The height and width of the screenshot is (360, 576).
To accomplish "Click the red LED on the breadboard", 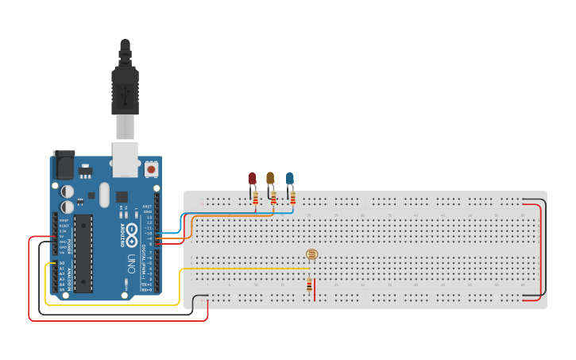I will pos(252,180).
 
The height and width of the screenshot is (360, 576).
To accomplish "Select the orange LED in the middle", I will pos(270,178).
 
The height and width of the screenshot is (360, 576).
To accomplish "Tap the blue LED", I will pos(290,179).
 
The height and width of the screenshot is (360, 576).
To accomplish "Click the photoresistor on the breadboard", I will pos(311,254).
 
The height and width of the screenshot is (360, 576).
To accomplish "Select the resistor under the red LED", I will pos(255,199).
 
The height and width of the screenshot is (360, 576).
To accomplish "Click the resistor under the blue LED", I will pos(292,198).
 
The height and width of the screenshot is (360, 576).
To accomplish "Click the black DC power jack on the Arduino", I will pos(64,165).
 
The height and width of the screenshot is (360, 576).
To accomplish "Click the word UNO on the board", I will pos(131,262).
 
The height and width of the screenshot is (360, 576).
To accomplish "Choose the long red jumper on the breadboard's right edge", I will pos(541,250).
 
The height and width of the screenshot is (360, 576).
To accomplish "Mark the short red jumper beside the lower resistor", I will pos(315,289).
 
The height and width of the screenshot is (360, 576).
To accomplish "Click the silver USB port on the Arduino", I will pos(125,158).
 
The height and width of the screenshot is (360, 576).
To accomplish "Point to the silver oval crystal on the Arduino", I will pos(104,194).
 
